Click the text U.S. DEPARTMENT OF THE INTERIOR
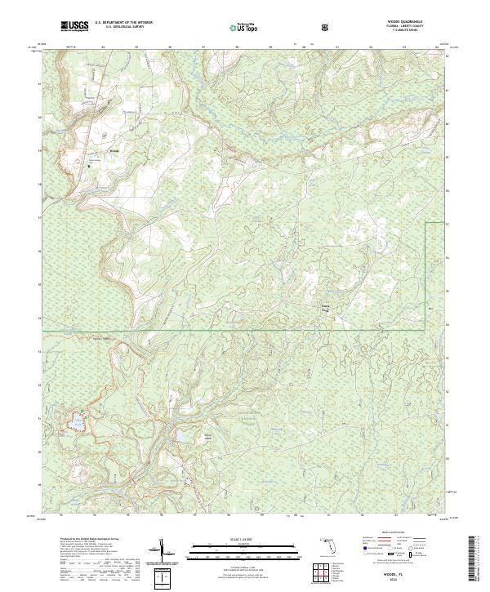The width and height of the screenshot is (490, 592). click(x=123, y=24)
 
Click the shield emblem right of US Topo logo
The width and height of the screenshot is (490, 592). click(x=326, y=28)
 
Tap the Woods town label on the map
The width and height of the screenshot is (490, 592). click(x=92, y=150)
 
